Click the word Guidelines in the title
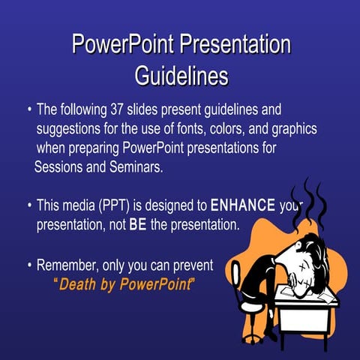tap(181, 76)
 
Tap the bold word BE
tap(137, 224)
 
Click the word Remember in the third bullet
tap(67, 265)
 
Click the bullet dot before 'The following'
tap(28, 110)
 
